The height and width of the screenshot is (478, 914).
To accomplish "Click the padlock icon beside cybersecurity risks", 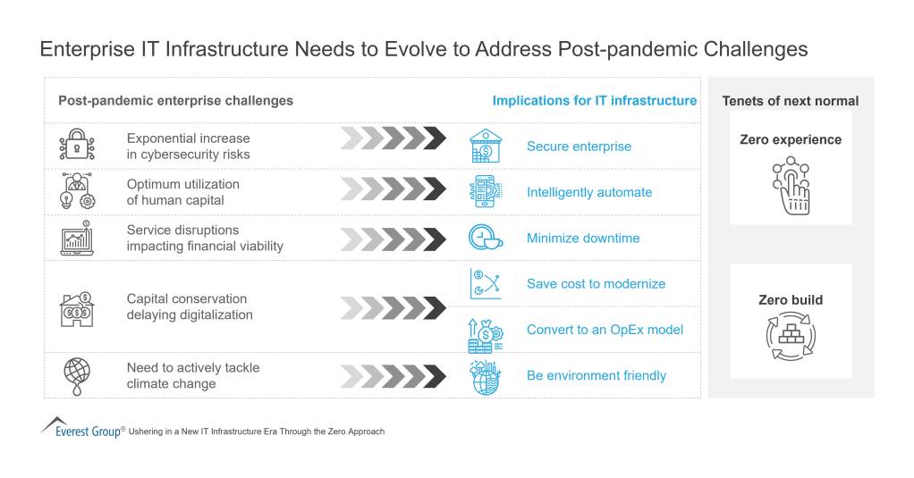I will coord(76,146).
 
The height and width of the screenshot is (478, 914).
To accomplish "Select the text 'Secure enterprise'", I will coord(579,147).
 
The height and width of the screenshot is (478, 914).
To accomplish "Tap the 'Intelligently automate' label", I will coord(589,192).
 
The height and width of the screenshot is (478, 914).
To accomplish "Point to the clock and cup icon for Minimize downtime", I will coord(486,238).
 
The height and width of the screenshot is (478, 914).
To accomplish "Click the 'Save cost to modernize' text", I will coord(596,283).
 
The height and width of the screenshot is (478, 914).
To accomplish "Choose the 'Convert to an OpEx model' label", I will coord(605,330).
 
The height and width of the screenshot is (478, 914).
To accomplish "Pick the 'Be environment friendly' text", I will coord(596,375).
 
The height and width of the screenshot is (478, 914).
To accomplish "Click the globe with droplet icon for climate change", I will coord(76,375).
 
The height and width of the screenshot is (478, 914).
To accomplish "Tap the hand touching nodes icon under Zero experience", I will coord(791,186).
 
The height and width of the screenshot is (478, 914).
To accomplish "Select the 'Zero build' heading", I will coord(791,300).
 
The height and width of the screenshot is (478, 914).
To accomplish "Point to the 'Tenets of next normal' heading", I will coord(791,101).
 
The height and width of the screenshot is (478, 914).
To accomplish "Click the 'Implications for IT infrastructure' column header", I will coord(594,101).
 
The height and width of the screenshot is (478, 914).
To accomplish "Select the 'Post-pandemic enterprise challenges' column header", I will coord(175,101).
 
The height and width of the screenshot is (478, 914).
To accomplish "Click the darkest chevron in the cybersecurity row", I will coord(436,138).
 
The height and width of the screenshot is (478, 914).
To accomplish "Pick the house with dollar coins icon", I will coord(76,307).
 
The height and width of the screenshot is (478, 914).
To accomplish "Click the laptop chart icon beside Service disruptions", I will coord(77,239).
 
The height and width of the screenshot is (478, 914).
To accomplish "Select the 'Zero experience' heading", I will coord(791,139).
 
